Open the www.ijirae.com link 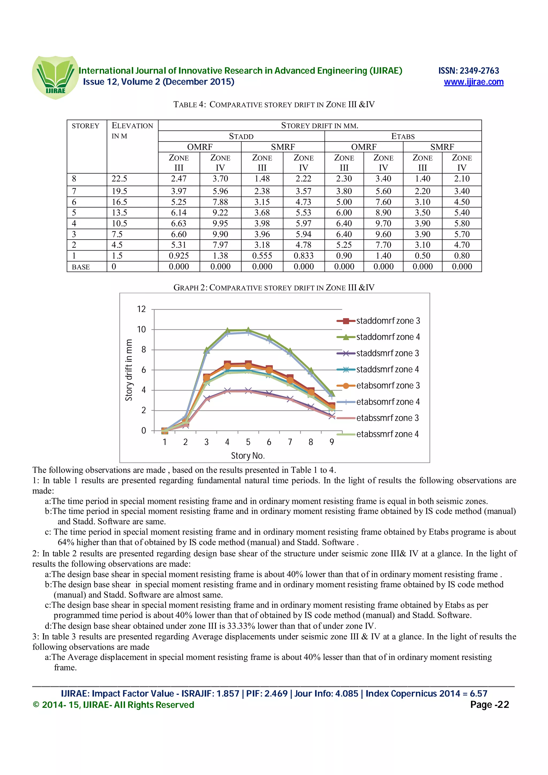(473, 82)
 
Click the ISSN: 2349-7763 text (468, 71)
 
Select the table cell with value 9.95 (220, 224)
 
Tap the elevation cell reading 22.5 (120, 179)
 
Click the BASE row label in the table (81, 267)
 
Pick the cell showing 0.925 (179, 256)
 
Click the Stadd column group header (241, 136)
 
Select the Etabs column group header (402, 136)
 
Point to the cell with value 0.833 (303, 256)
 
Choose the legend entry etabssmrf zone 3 (387, 418)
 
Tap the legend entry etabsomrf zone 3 (388, 385)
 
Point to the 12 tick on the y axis (141, 309)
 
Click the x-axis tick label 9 (332, 442)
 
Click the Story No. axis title (248, 456)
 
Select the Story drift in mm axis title (129, 370)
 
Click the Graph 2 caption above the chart (274, 287)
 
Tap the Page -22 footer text (489, 705)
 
